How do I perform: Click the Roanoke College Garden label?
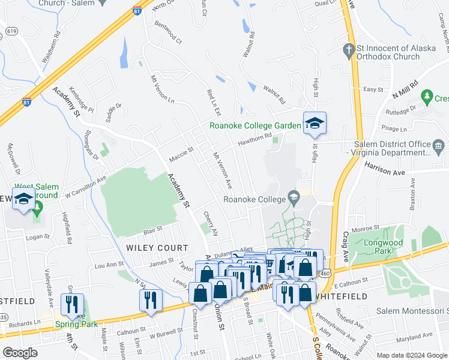coord(255,125)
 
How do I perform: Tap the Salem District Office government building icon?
coord(438,145)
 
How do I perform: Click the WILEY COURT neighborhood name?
coord(157,247)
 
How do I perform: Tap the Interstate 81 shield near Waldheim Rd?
coord(26,103)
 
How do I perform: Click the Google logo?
coord(20,353)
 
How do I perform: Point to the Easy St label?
coord(373,89)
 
